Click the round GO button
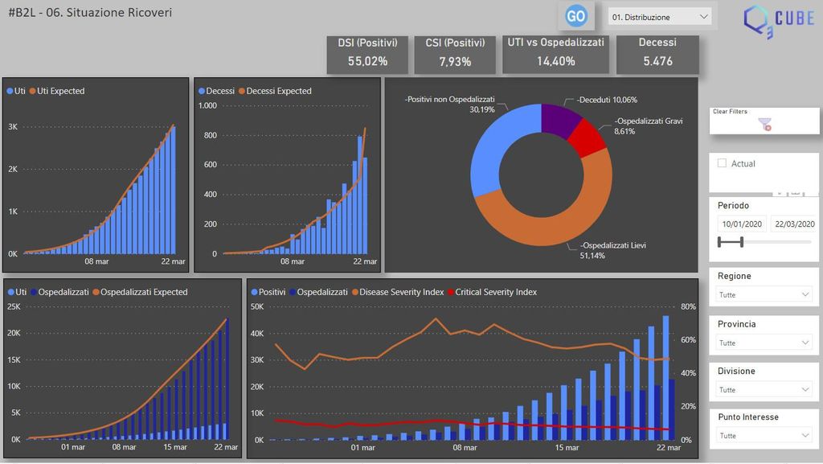[575, 15]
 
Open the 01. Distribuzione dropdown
[660, 17]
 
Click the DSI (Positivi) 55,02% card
[367, 53]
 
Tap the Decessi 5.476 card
[657, 53]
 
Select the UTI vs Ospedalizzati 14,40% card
[555, 53]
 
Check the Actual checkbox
[722, 163]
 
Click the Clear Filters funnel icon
[765, 125]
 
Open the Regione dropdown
[763, 295]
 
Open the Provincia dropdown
[763, 343]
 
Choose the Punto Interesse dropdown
[763, 436]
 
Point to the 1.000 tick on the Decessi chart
[207, 105]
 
